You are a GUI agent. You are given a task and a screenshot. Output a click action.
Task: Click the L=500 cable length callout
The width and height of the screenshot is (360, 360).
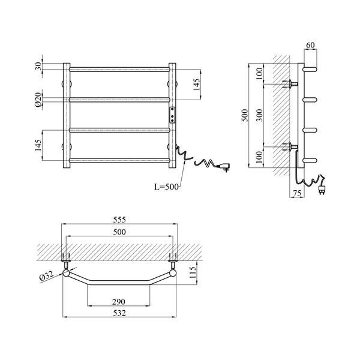[x=166, y=187]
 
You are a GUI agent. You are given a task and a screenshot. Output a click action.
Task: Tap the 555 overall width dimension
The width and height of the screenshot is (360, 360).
[x=119, y=220]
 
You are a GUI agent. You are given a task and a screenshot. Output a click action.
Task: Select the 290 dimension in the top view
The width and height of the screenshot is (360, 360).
[x=119, y=302]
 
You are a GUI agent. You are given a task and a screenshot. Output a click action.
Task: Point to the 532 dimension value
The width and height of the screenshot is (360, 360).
[x=119, y=313]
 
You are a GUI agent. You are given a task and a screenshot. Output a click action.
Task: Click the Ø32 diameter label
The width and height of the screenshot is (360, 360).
[x=46, y=275]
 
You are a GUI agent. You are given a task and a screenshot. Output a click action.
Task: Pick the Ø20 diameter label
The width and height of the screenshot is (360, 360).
[x=38, y=100]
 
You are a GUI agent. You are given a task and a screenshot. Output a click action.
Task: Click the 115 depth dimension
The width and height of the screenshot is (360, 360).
[x=193, y=272]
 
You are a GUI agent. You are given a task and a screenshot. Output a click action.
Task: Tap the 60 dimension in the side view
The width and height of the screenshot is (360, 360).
[x=310, y=45]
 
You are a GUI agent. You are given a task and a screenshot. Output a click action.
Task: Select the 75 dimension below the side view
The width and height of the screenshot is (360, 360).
[x=297, y=193]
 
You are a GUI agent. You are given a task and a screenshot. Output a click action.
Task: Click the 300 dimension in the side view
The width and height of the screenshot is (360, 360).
[x=259, y=115]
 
